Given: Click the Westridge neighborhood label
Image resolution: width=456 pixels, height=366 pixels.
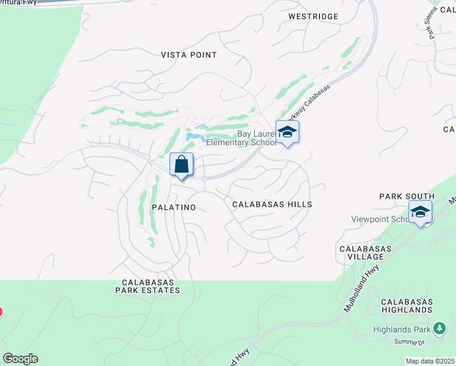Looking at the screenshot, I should coord(313,16).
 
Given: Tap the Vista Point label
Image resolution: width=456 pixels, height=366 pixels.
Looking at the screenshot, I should coord(188,55).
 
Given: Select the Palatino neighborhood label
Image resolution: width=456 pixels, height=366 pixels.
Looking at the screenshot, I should coord(174,207).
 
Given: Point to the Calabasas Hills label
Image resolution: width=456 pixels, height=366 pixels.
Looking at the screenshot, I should coord(272,205).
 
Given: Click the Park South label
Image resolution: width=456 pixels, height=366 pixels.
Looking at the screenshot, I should coord(406,196).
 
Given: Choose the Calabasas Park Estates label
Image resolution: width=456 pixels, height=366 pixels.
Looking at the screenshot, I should coord(151,286).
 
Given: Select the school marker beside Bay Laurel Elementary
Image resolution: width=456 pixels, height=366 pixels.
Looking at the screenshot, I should coord(287,131).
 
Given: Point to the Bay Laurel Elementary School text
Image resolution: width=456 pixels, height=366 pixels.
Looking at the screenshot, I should coord(241,137).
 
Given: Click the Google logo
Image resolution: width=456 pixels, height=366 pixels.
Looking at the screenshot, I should coord(20,359).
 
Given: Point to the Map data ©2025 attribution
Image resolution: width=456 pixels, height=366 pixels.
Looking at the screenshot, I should coord(430,361).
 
